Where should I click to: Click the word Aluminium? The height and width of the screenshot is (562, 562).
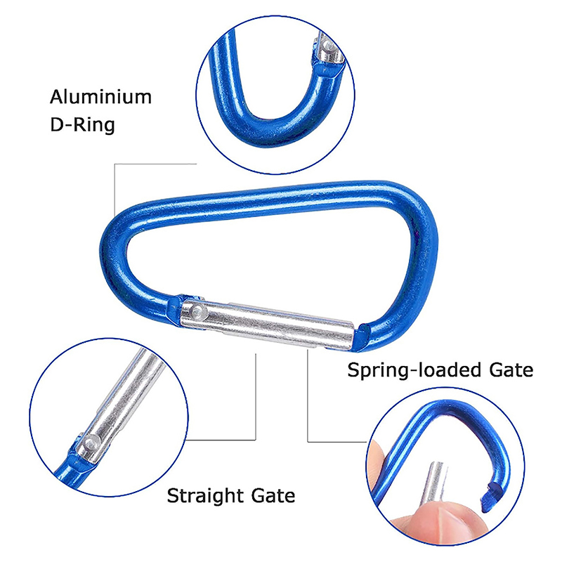pos(100,97)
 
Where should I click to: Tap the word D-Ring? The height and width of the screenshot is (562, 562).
pos(81,126)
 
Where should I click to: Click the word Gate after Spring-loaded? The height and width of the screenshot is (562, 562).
pos(510,370)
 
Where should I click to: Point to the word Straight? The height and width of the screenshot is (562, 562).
pos(204,496)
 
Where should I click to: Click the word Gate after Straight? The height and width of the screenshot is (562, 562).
pos(272,496)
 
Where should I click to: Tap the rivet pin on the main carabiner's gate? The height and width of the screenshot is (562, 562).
pos(198,310)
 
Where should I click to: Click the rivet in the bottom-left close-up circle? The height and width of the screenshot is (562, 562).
pos(89,444)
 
